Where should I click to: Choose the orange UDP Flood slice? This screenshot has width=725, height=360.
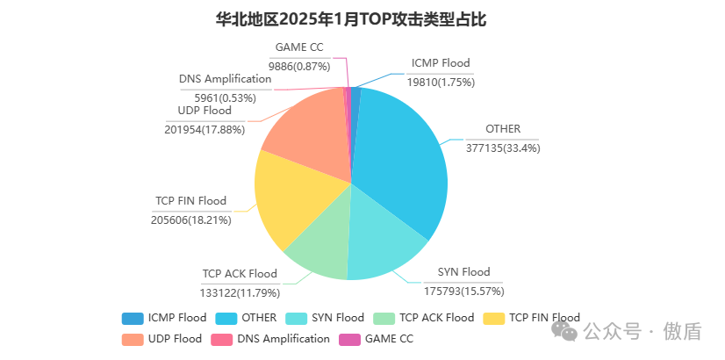click(303, 132)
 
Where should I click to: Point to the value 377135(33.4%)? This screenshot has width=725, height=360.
click(503, 148)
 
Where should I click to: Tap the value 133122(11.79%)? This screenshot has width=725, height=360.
click(239, 292)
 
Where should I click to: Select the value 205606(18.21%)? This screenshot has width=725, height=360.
click(191, 220)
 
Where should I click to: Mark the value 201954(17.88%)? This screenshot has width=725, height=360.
click(205, 129)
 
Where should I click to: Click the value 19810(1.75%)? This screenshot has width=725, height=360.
click(441, 82)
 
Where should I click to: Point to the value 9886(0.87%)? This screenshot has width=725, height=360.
click(298, 65)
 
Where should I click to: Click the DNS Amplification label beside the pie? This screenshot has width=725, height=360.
click(225, 79)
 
